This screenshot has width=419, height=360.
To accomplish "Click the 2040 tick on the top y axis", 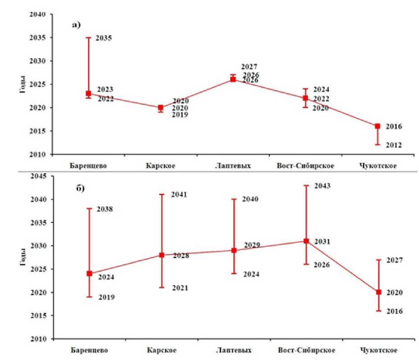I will (x=38, y=14).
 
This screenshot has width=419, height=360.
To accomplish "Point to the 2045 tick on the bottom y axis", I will (x=38, y=176).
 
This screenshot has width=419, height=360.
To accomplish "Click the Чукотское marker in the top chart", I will (x=377, y=126).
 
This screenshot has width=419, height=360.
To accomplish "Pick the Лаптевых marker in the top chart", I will (x=233, y=79).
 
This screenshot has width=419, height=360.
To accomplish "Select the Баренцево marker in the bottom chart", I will (x=89, y=273).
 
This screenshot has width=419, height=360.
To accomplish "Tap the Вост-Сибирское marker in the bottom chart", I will (x=306, y=241).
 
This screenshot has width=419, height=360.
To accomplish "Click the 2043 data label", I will (x=322, y=185).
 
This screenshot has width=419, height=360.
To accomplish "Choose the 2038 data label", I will (x=105, y=209).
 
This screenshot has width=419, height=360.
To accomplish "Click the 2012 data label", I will (x=393, y=145).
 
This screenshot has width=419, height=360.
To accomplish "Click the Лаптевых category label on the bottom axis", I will (x=233, y=350).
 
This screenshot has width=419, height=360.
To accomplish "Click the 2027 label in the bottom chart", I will (x=394, y=260).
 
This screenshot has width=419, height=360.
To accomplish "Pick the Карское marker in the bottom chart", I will (x=161, y=255).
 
